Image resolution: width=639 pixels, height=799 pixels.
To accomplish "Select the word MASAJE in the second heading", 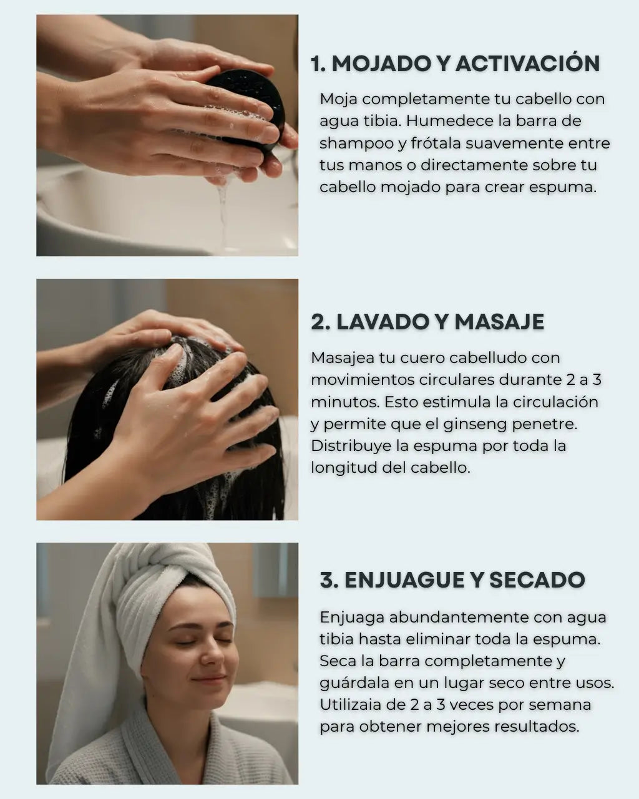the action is point(499,321).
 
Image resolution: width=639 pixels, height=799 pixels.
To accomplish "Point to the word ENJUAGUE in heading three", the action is point(404,580).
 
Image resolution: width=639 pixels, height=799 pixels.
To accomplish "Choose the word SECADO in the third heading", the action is point(537,580).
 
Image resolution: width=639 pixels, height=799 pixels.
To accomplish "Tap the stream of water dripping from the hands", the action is point(222,215).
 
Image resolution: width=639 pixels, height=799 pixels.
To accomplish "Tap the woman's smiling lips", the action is point(209,678).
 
